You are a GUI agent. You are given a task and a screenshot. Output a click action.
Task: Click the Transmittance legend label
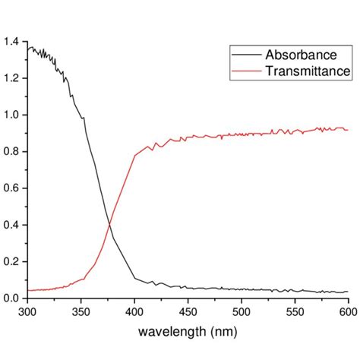[306, 71]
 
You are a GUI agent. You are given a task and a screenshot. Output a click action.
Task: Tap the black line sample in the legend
[246, 55]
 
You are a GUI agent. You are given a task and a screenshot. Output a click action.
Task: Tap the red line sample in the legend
[246, 71]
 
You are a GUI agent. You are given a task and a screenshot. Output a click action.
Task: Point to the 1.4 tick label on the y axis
[11, 42]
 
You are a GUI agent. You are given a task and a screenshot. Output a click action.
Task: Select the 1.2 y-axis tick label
[11, 78]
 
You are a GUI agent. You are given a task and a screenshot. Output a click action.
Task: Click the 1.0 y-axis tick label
[11, 115]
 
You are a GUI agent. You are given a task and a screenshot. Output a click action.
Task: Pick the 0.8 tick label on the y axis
[11, 152]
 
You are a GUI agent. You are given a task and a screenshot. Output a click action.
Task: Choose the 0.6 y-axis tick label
[11, 188]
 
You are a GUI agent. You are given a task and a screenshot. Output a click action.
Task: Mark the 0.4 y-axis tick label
[11, 225]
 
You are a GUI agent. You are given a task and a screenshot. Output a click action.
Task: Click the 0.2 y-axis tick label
[11, 261]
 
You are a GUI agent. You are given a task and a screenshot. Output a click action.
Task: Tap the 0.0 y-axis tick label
[11, 298]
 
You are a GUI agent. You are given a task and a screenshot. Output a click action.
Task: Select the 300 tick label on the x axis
[27, 311]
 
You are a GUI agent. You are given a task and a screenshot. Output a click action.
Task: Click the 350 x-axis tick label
[80, 311]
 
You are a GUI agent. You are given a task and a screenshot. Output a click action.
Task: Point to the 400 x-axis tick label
[134, 311]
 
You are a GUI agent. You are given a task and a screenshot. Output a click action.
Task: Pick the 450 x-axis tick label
[187, 311]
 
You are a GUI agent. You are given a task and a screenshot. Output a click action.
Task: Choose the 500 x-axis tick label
[241, 311]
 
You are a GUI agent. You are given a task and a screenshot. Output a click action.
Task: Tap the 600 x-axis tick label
[347, 311]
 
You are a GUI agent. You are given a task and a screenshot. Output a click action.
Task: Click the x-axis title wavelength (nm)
[187, 332]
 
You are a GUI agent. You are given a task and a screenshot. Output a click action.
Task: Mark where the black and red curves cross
[109, 223]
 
